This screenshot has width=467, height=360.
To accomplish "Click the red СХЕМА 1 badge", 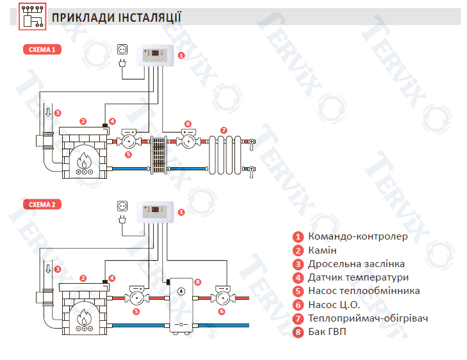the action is point(42,49).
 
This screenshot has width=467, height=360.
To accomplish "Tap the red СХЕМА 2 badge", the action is point(42,204).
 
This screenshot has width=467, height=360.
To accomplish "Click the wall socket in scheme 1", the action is point(122,49).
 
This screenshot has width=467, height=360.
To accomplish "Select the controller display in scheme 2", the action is point(155,209).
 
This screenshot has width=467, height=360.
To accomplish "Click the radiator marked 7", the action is point(225,155).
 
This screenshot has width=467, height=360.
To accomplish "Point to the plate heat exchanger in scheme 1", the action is point(158,155).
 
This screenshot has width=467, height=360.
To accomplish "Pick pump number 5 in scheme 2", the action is point(136,296).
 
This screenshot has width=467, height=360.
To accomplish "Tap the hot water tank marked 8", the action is point(181,306).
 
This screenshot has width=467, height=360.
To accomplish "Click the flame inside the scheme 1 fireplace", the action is point(85,161).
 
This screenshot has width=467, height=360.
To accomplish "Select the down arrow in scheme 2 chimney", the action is point(48,269).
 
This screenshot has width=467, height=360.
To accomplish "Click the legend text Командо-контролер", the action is point(357,236).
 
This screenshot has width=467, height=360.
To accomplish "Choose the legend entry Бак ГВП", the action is point(327,331).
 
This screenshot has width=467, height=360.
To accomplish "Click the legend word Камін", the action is point(322,250).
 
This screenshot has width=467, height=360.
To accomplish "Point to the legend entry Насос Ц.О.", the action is point(334,305).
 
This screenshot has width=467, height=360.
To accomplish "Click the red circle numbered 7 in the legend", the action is point(298,318).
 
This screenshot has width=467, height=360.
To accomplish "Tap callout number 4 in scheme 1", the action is point(112,121).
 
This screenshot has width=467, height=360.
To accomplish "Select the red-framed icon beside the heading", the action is point(33,17).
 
